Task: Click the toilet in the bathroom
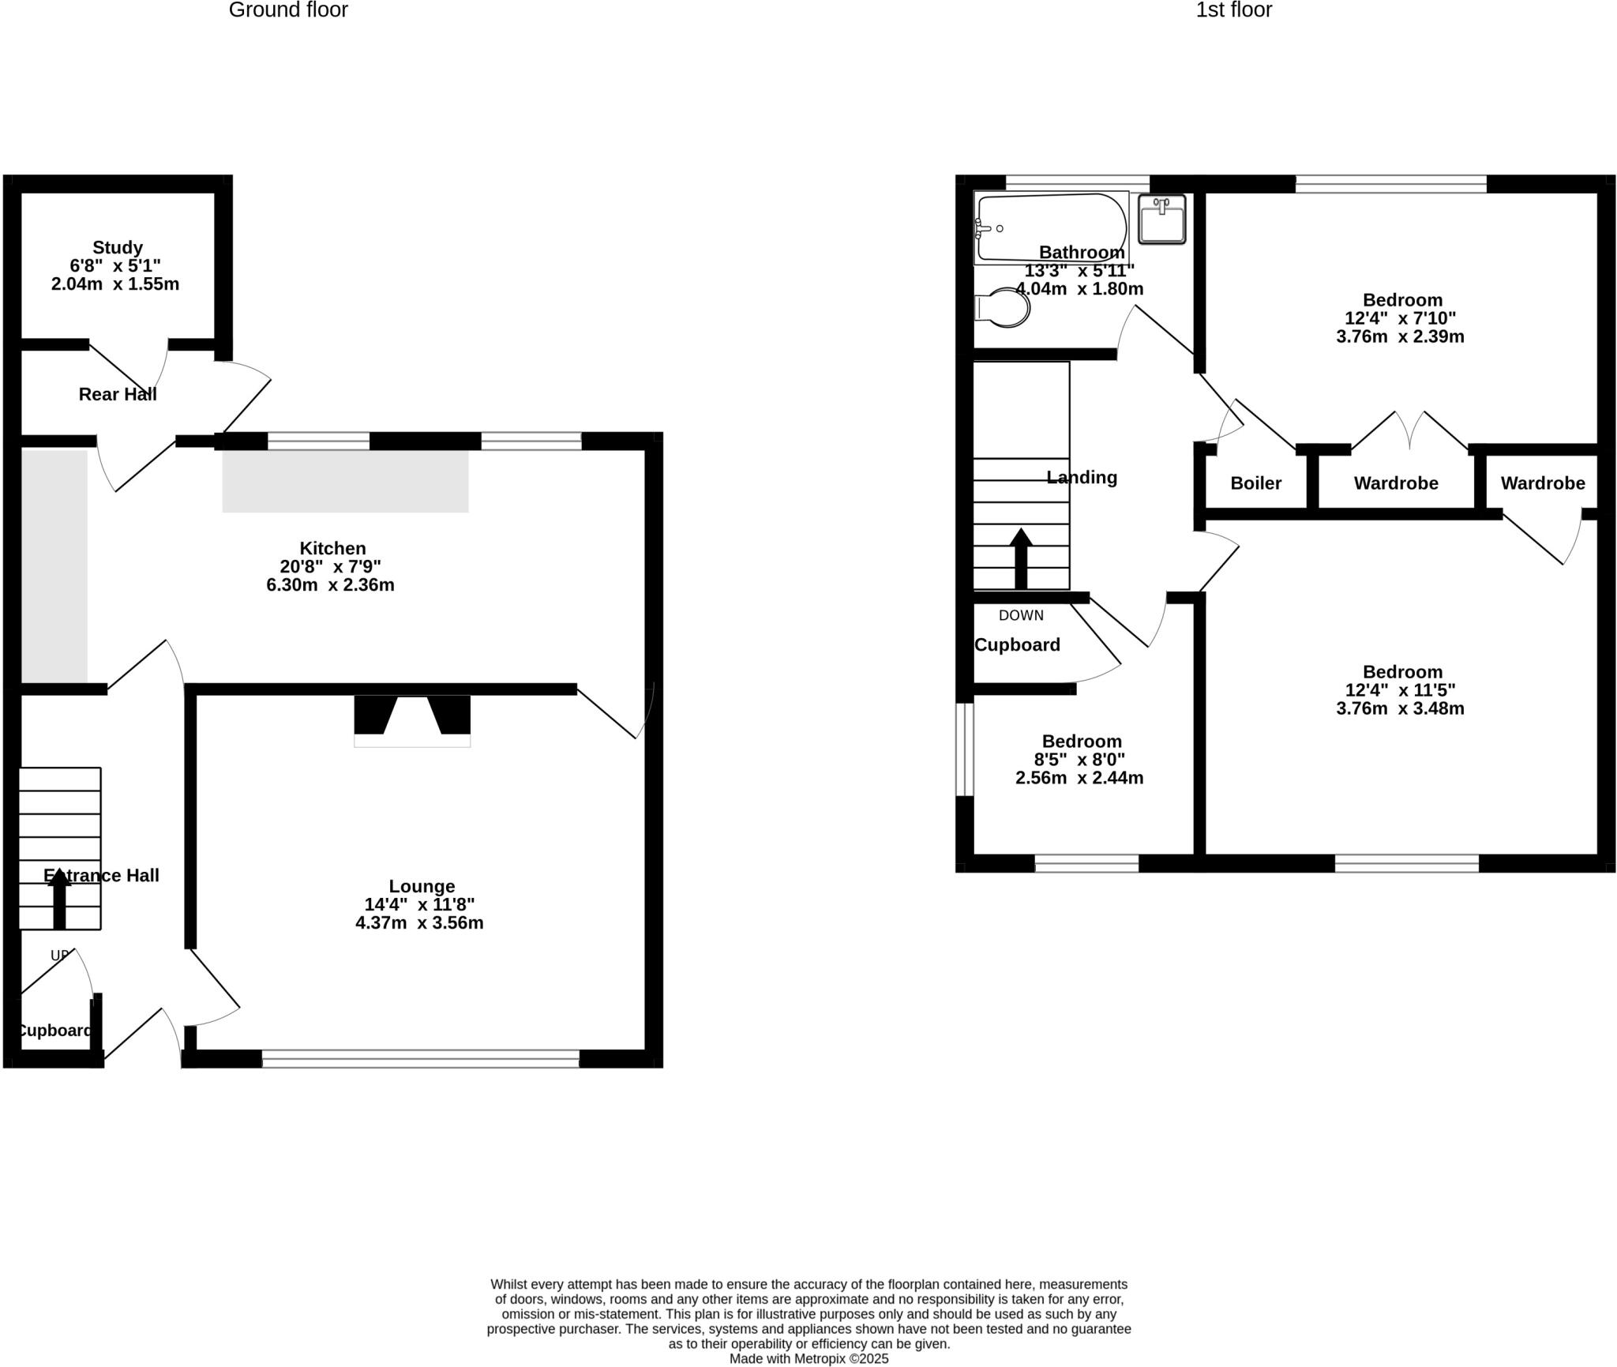(1005, 308)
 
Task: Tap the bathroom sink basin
(1161, 219)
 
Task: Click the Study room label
(118, 247)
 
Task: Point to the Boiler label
(1255, 483)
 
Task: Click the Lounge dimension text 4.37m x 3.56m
(419, 922)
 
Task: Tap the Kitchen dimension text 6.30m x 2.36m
(330, 585)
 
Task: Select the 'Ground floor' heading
(288, 10)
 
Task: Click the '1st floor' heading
(1233, 10)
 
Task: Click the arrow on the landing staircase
(1021, 557)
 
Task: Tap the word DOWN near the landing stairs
(1021, 615)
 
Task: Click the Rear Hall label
(118, 394)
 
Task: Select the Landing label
(1082, 477)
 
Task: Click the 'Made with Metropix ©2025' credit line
(808, 1358)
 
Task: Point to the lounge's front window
(420, 1058)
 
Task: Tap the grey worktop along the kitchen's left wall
(54, 565)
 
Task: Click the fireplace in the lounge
(412, 720)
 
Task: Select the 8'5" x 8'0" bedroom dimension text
(1079, 760)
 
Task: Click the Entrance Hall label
(102, 875)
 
